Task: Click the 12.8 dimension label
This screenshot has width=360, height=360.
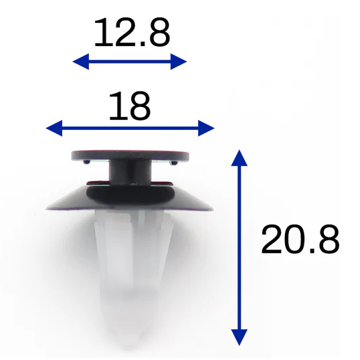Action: click(132, 32)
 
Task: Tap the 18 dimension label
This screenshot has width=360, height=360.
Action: click(130, 106)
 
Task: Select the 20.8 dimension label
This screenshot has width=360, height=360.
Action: click(300, 240)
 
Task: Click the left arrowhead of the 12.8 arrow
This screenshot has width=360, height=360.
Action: click(81, 62)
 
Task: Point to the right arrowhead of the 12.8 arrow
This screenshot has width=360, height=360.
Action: click(179, 62)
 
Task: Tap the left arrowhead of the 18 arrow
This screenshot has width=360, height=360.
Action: click(54, 128)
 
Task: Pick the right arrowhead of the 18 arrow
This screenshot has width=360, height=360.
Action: click(206, 128)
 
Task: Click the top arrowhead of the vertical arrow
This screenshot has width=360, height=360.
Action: click(240, 158)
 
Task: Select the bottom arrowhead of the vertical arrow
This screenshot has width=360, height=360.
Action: click(240, 337)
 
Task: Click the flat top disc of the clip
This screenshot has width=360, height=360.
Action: click(130, 155)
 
